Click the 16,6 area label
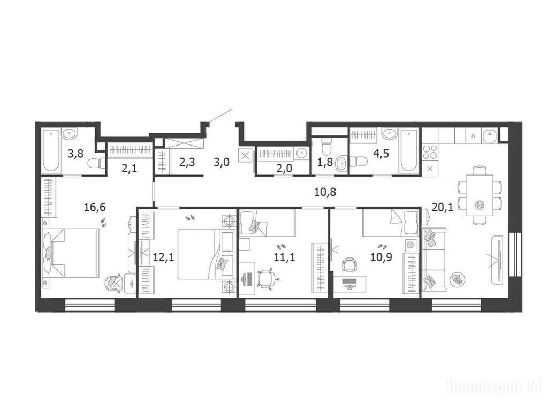point(95,208)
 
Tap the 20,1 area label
point(443,208)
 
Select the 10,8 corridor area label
point(325,192)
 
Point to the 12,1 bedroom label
point(164,258)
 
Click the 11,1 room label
point(285,258)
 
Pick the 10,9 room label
point(381,258)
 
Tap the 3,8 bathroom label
point(76,154)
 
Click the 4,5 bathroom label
point(381,154)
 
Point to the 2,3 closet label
point(187,163)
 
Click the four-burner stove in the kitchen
point(430,152)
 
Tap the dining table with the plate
point(479,195)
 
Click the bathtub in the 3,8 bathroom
point(52,150)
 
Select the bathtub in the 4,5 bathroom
point(408,150)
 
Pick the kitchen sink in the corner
point(490,135)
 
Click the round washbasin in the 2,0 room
point(301,154)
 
